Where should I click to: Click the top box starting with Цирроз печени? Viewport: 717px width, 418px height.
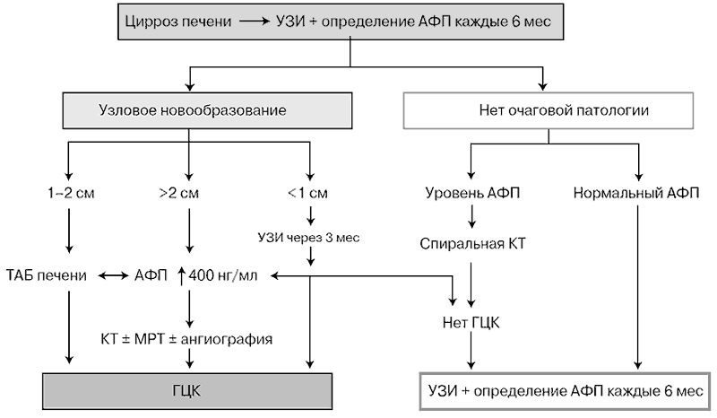coord(341,22)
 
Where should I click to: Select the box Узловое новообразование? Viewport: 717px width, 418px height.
coord(207,110)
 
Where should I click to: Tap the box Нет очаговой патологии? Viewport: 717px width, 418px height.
coord(549,110)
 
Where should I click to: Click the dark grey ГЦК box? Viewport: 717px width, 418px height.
coord(187,391)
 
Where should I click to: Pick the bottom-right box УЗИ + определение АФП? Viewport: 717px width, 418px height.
coord(566,391)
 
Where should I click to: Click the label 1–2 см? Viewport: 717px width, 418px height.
coord(71,193)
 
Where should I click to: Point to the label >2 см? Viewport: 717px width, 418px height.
coord(178,193)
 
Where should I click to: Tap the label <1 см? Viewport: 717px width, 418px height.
coord(307,193)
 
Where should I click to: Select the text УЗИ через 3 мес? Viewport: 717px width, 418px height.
coord(308,238)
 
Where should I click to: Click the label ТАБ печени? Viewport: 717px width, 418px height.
coord(47,275)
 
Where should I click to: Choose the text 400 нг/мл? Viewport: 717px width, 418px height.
coord(222,275)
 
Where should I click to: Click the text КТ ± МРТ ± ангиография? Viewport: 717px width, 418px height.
coord(186,339)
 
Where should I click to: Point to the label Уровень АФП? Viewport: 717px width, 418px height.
coord(472,193)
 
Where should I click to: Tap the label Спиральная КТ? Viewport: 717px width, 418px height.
coord(472,244)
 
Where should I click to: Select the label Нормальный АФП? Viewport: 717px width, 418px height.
coord(636,193)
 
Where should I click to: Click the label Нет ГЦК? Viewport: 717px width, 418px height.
coord(471,323)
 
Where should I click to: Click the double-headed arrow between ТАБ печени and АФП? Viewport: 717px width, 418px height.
coord(114,275)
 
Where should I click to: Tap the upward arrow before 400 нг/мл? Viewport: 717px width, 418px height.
coord(181,276)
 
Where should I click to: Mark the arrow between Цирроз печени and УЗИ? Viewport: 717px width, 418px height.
coord(255,21)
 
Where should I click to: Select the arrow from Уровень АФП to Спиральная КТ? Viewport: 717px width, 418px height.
coord(471,216)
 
